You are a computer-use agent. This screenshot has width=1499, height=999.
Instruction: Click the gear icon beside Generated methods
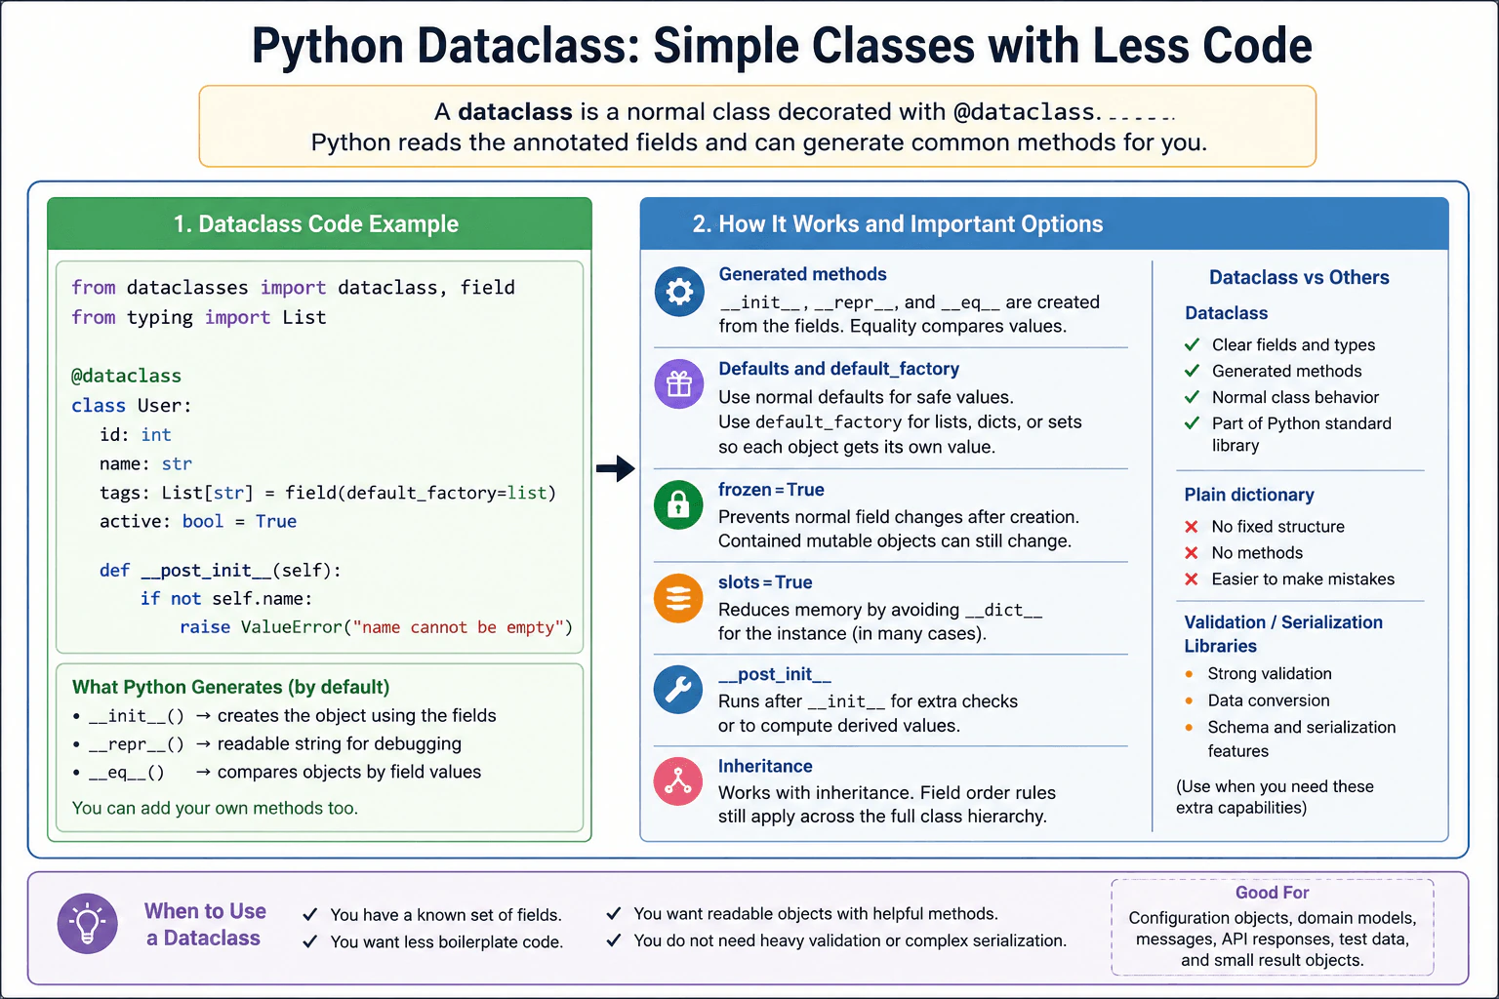tap(678, 292)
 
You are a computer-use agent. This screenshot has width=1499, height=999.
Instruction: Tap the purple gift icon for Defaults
tap(678, 384)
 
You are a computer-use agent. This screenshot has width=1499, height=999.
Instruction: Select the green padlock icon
tap(678, 504)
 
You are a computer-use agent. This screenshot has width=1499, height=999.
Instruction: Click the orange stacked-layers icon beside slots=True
tap(678, 597)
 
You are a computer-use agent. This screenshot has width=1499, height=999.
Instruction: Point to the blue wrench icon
tap(678, 689)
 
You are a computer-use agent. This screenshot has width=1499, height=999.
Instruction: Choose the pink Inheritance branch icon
tap(678, 780)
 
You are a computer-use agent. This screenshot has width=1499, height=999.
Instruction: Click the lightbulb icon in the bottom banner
tap(88, 923)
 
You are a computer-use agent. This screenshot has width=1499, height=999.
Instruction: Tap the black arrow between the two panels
tap(616, 468)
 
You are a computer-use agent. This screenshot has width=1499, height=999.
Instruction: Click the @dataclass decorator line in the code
tap(127, 376)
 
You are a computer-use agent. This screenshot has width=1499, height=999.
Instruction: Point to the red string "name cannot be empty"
tap(458, 627)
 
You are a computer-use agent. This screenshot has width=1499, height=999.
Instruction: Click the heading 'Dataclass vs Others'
tap(1299, 277)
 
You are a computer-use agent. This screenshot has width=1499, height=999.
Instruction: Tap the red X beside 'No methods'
tap(1192, 553)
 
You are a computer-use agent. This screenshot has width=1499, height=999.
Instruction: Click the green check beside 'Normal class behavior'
tap(1192, 397)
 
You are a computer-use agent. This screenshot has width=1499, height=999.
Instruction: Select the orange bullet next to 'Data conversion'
tap(1190, 700)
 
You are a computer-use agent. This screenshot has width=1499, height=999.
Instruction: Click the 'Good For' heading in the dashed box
tap(1273, 892)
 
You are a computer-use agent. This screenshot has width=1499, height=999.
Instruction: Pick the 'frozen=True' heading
tap(771, 489)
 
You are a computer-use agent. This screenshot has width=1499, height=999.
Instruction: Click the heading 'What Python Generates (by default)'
tap(231, 687)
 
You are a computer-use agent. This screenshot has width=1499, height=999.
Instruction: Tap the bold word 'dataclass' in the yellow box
tap(515, 111)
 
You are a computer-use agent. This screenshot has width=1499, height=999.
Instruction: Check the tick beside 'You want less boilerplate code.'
tap(309, 941)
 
